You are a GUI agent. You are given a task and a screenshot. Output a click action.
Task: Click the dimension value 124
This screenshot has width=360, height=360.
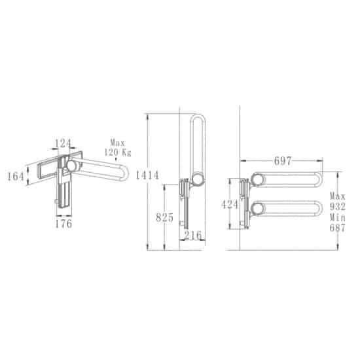[63, 143]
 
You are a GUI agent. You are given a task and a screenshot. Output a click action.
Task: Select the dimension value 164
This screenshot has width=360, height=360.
[16, 177]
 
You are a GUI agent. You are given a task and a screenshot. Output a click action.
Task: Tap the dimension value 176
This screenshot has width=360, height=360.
[63, 224]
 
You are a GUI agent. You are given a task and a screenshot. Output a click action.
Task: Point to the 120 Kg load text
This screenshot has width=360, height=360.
[118, 153]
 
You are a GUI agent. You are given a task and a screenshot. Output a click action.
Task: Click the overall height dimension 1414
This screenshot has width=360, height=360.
[147, 175]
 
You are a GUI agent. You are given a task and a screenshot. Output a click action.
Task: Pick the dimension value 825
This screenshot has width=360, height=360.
[164, 217]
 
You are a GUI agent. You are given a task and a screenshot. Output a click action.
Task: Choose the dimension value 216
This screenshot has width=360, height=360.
[193, 235]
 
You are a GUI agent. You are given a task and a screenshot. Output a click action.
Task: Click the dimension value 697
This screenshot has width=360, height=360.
[283, 161]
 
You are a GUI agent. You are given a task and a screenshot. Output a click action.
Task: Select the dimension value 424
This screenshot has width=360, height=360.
[230, 204]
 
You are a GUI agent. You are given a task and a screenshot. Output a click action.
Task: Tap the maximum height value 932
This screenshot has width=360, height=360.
[338, 207]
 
